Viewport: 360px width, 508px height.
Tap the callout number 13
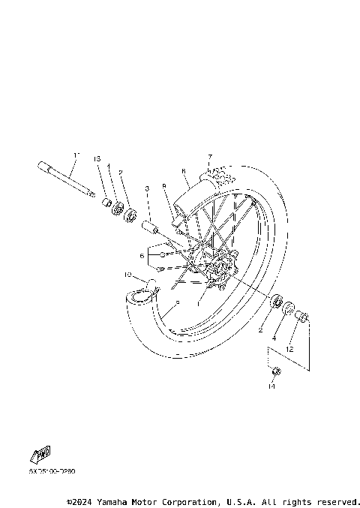tap(97, 158)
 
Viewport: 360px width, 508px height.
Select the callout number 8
tap(183, 171)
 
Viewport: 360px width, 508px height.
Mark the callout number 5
tap(177, 303)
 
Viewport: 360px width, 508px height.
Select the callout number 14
tap(271, 387)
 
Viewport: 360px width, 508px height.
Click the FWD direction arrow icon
tap(41, 454)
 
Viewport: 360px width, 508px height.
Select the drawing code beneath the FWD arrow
tap(52, 471)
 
